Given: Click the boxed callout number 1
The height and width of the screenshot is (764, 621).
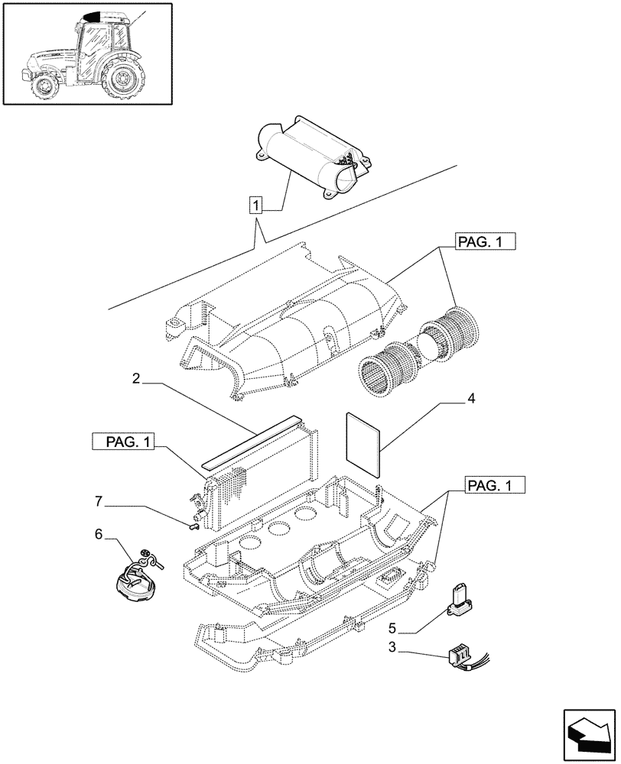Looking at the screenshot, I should (x=256, y=205).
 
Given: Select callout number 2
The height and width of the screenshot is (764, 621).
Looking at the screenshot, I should (x=135, y=378).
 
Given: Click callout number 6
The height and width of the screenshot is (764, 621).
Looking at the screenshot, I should (x=98, y=535).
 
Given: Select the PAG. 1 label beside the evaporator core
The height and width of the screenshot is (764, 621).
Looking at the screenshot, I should (x=123, y=442).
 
